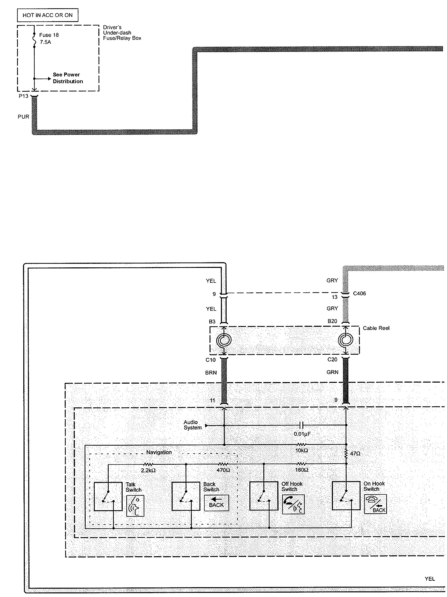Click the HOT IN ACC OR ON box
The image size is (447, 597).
pyautogui.click(x=48, y=15)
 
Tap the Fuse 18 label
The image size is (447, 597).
pyautogui.click(x=49, y=35)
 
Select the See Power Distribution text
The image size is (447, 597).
pyautogui.click(x=68, y=78)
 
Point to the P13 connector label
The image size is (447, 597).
pyautogui.click(x=23, y=96)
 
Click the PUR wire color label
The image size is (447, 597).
pyautogui.click(x=23, y=117)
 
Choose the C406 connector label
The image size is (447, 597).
pyautogui.click(x=360, y=294)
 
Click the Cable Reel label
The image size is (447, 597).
pyautogui.click(x=376, y=328)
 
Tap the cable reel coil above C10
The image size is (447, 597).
pyautogui.click(x=224, y=340)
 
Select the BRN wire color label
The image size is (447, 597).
pyautogui.click(x=211, y=373)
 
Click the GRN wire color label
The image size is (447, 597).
pyautogui.click(x=332, y=372)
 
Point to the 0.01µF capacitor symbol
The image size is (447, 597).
pyautogui.click(x=302, y=425)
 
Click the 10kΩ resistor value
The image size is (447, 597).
pyautogui.click(x=302, y=451)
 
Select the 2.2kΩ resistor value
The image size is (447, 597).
pyautogui.click(x=148, y=470)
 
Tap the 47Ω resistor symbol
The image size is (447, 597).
pyautogui.click(x=346, y=454)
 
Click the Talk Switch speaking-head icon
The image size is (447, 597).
pyautogui.click(x=135, y=506)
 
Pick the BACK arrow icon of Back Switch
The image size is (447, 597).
pyautogui.click(x=216, y=503)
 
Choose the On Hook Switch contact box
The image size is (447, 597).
pyautogui.click(x=346, y=495)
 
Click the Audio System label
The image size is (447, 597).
pyautogui.click(x=193, y=425)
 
